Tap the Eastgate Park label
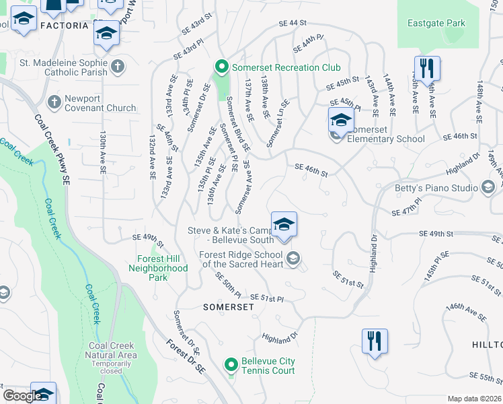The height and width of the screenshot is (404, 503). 436,23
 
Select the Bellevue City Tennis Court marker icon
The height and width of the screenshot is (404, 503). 231,366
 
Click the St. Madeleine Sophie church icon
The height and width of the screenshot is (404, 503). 118,65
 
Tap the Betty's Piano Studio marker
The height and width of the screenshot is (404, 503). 489,187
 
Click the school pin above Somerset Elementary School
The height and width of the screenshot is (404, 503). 341,121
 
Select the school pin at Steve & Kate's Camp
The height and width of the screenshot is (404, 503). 284,224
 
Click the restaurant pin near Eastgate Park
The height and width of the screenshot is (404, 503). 427,69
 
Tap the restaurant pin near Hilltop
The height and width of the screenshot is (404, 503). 375,341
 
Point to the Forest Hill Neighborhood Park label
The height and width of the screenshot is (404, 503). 158,268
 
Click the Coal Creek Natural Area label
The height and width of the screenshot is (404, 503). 112,355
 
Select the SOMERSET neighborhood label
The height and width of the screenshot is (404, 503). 229,306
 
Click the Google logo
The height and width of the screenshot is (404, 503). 22,396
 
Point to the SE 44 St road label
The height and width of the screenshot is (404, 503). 293,24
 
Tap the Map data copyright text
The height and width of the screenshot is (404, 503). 473,399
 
